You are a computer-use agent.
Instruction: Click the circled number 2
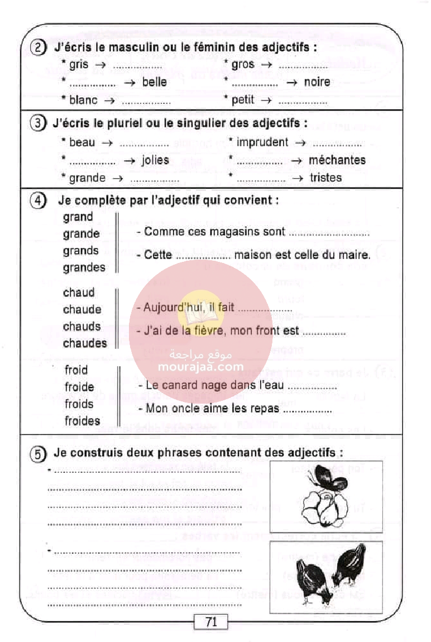coord(38,48)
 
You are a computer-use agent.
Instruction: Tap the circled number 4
coord(37,201)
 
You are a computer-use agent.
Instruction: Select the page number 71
coord(211,622)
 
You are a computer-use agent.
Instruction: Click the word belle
coord(155,82)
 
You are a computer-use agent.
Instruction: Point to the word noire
coord(317,82)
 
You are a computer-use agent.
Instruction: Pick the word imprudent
coord(262,142)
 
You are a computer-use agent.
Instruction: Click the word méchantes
coord(337,160)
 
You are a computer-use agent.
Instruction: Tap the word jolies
coord(155,160)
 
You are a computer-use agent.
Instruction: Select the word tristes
coord(325,178)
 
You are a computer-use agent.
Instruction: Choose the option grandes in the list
coord(84,267)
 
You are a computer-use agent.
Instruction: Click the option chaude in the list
coord(82,309)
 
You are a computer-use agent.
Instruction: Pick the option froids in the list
coord(79,404)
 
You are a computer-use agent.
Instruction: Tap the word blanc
coord(83,100)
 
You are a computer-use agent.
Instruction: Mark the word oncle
coord(185,409)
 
